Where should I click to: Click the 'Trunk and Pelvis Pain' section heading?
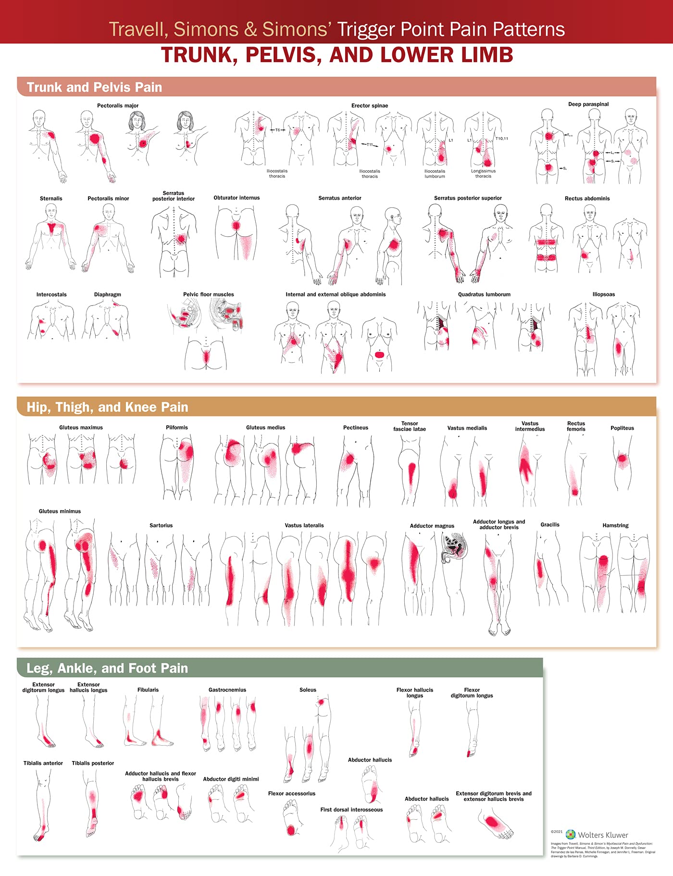pos(94,87)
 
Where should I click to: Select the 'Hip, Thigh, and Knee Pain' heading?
pos(107,407)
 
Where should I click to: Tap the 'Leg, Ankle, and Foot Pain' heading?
pos(107,668)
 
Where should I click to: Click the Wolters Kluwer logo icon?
pos(571,835)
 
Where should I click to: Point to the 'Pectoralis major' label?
pos(118,105)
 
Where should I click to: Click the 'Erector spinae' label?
pos(370,105)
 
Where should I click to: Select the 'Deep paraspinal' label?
pos(588,104)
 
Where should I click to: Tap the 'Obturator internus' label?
pos(237,198)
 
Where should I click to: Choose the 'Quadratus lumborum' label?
pos(484,294)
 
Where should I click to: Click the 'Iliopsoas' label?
pos(604,294)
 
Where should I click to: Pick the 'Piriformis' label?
pos(177,427)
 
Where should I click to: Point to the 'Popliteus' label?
pos(622,428)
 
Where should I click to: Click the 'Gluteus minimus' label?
pos(60,511)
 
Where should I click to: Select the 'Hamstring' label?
pos(615,525)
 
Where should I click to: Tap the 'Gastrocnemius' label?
pos(227,690)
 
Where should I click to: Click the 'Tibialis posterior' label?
pos(93,763)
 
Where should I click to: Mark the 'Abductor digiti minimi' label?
pos(231,779)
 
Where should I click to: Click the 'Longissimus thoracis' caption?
pos(483,174)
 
